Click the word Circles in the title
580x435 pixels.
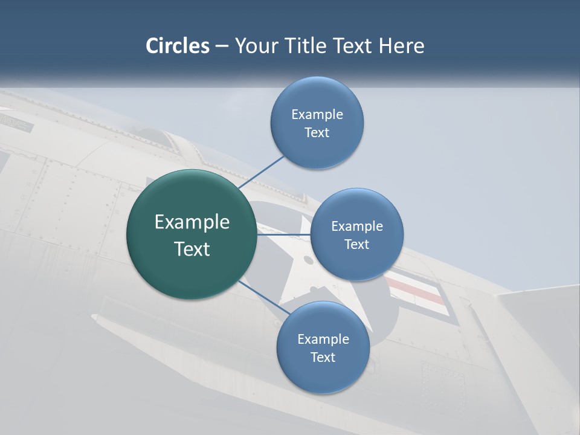coord(178,45)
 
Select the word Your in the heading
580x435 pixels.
coord(255,45)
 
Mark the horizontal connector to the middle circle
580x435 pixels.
coord(284,234)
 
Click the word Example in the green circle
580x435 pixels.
coord(192,222)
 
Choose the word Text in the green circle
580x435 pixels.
coord(192,249)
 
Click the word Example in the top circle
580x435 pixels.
coord(317,114)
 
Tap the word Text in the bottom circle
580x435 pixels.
coord(323,357)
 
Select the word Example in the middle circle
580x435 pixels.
coord(357,226)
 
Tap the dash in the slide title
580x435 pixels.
coord(222,46)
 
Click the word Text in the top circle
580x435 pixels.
coord(317,132)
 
